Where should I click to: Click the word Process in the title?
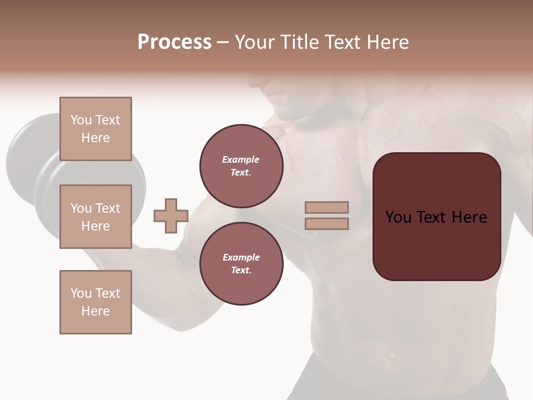[x=174, y=42]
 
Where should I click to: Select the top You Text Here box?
[x=95, y=129]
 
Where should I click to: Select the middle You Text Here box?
[x=95, y=217]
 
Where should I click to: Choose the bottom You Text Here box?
[x=95, y=302]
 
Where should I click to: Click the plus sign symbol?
[x=171, y=216]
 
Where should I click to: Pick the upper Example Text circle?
[x=241, y=166]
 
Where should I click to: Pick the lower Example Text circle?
[x=241, y=264]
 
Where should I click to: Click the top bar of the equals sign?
[x=326, y=207]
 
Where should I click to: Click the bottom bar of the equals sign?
[x=326, y=223]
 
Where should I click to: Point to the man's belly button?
[x=393, y=354]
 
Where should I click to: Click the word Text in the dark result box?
[x=436, y=217]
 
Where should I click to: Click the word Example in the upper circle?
[x=241, y=159]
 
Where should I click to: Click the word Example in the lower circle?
[x=241, y=257]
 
